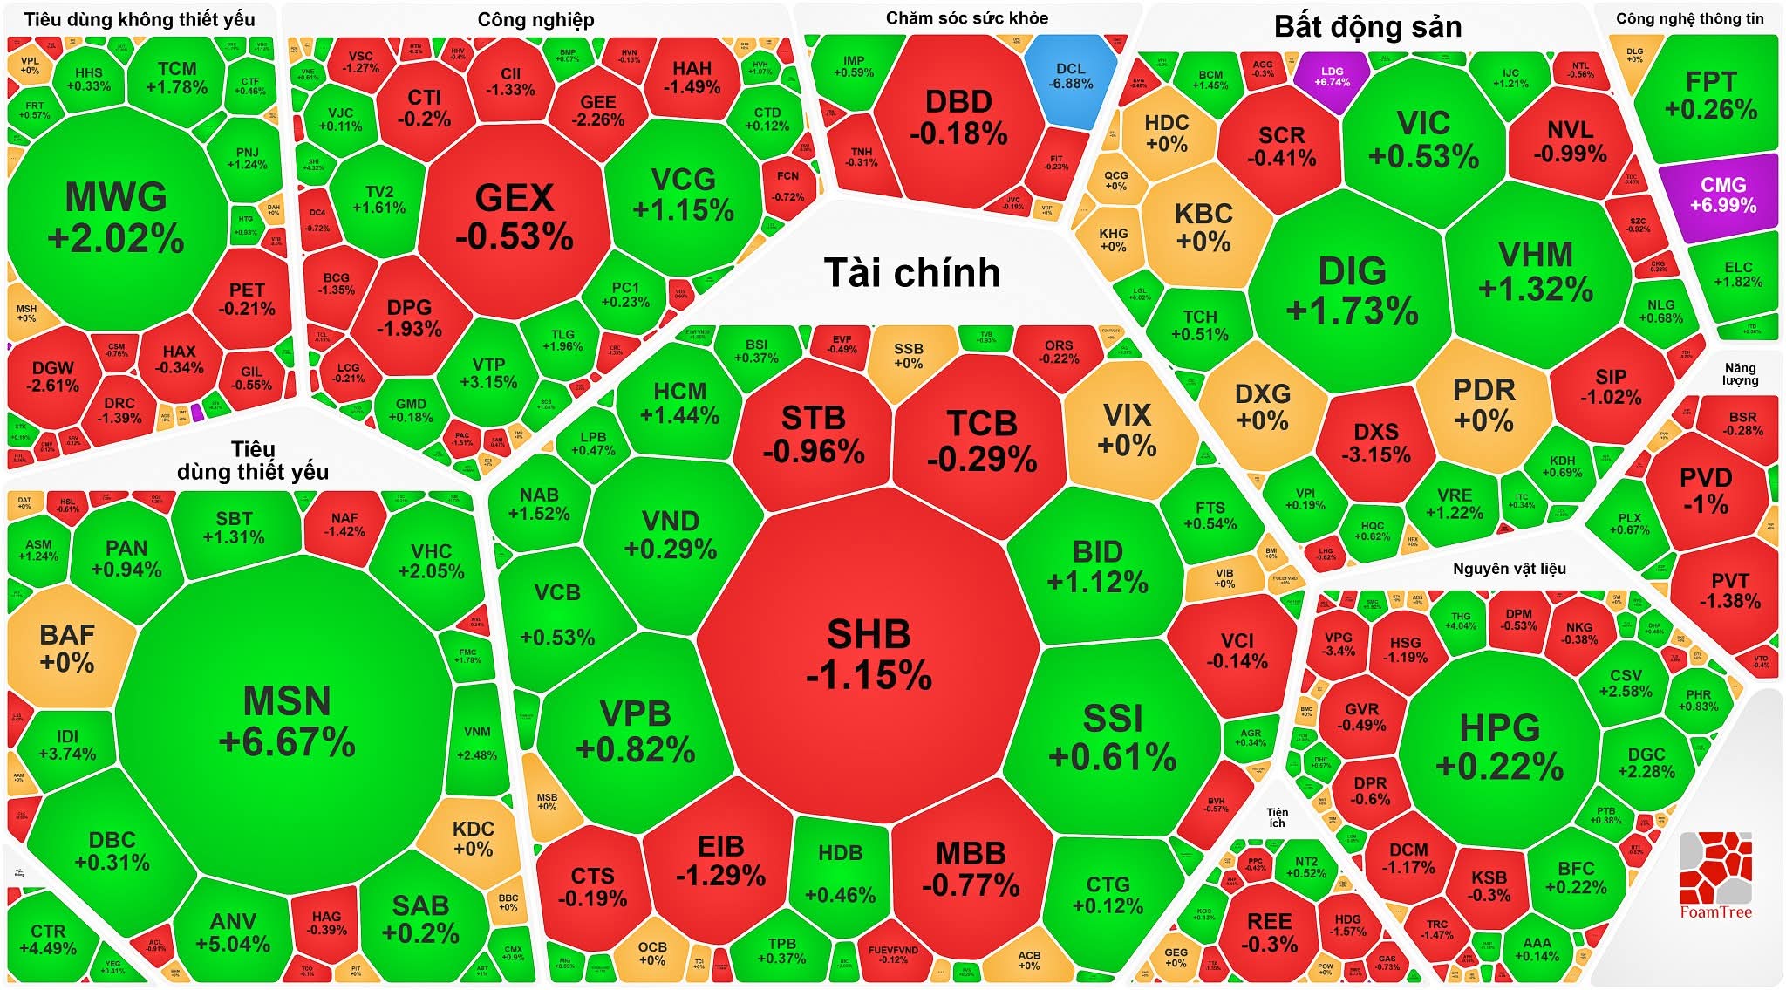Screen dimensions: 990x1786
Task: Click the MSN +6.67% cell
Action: pos(286,720)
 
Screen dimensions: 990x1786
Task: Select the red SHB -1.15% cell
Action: pos(869,654)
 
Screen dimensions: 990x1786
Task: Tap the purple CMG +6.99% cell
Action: pos(1722,195)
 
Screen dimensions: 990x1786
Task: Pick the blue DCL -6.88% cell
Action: pos(1070,77)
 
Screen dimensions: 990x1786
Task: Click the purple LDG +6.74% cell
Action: pos(1332,77)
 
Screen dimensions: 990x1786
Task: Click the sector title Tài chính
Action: pos(912,273)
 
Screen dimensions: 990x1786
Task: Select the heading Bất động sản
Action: pos(1367,27)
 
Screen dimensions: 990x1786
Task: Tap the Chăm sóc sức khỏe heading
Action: pos(966,18)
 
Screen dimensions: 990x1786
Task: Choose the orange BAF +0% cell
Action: pos(67,647)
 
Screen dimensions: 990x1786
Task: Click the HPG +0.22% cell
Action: pos(1499,747)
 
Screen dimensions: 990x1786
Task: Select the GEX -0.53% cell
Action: pos(514,217)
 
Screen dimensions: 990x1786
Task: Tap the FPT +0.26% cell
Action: pos(1710,95)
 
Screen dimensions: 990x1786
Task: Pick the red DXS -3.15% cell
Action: pos(1376,443)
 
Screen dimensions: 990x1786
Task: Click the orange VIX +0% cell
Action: pos(1127,430)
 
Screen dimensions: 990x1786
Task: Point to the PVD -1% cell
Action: pos(1706,490)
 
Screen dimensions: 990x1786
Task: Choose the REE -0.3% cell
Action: pos(1269,932)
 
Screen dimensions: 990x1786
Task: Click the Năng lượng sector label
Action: pos(1739,373)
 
